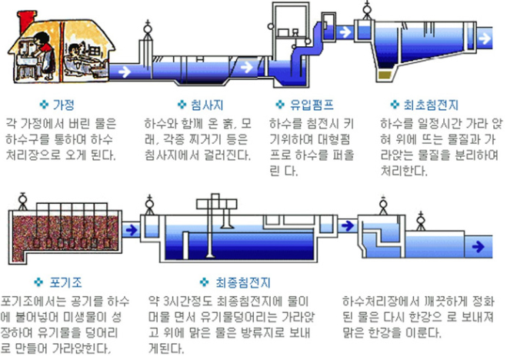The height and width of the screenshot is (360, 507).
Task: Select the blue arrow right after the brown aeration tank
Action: (x=132, y=228)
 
